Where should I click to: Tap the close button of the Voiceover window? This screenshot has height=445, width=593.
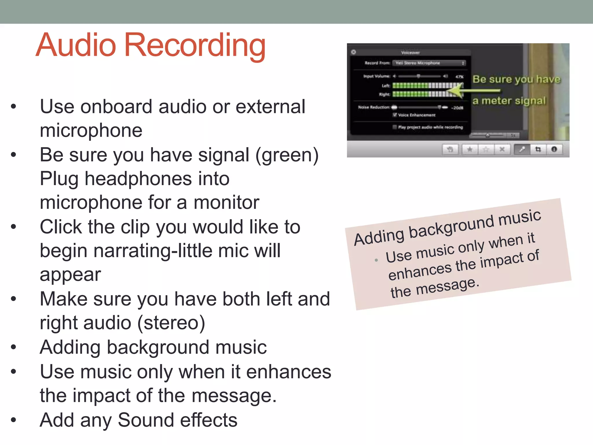point(354,52)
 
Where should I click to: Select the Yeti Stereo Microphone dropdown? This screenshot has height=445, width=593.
point(429,63)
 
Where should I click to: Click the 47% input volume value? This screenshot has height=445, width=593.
point(459,77)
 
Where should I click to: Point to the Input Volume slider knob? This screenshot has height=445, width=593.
point(418,76)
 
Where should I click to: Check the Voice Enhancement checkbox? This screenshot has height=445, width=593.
point(395,115)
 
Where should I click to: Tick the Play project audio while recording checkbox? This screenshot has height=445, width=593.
point(395,127)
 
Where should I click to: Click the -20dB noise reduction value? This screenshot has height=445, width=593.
point(457,108)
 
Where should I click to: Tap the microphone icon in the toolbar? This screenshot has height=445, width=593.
point(522,149)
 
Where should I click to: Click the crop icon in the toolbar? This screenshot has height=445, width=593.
point(538,149)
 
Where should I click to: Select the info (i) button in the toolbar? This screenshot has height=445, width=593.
point(554,149)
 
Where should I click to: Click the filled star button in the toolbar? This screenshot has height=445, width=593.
point(470,149)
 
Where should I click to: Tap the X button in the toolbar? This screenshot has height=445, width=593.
point(502,149)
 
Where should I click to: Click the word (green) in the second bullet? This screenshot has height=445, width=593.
point(287,155)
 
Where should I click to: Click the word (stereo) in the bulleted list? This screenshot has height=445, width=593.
point(171,323)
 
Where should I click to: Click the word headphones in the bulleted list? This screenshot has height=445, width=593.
point(138,179)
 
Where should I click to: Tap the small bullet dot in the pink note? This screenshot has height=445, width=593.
point(376,260)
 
